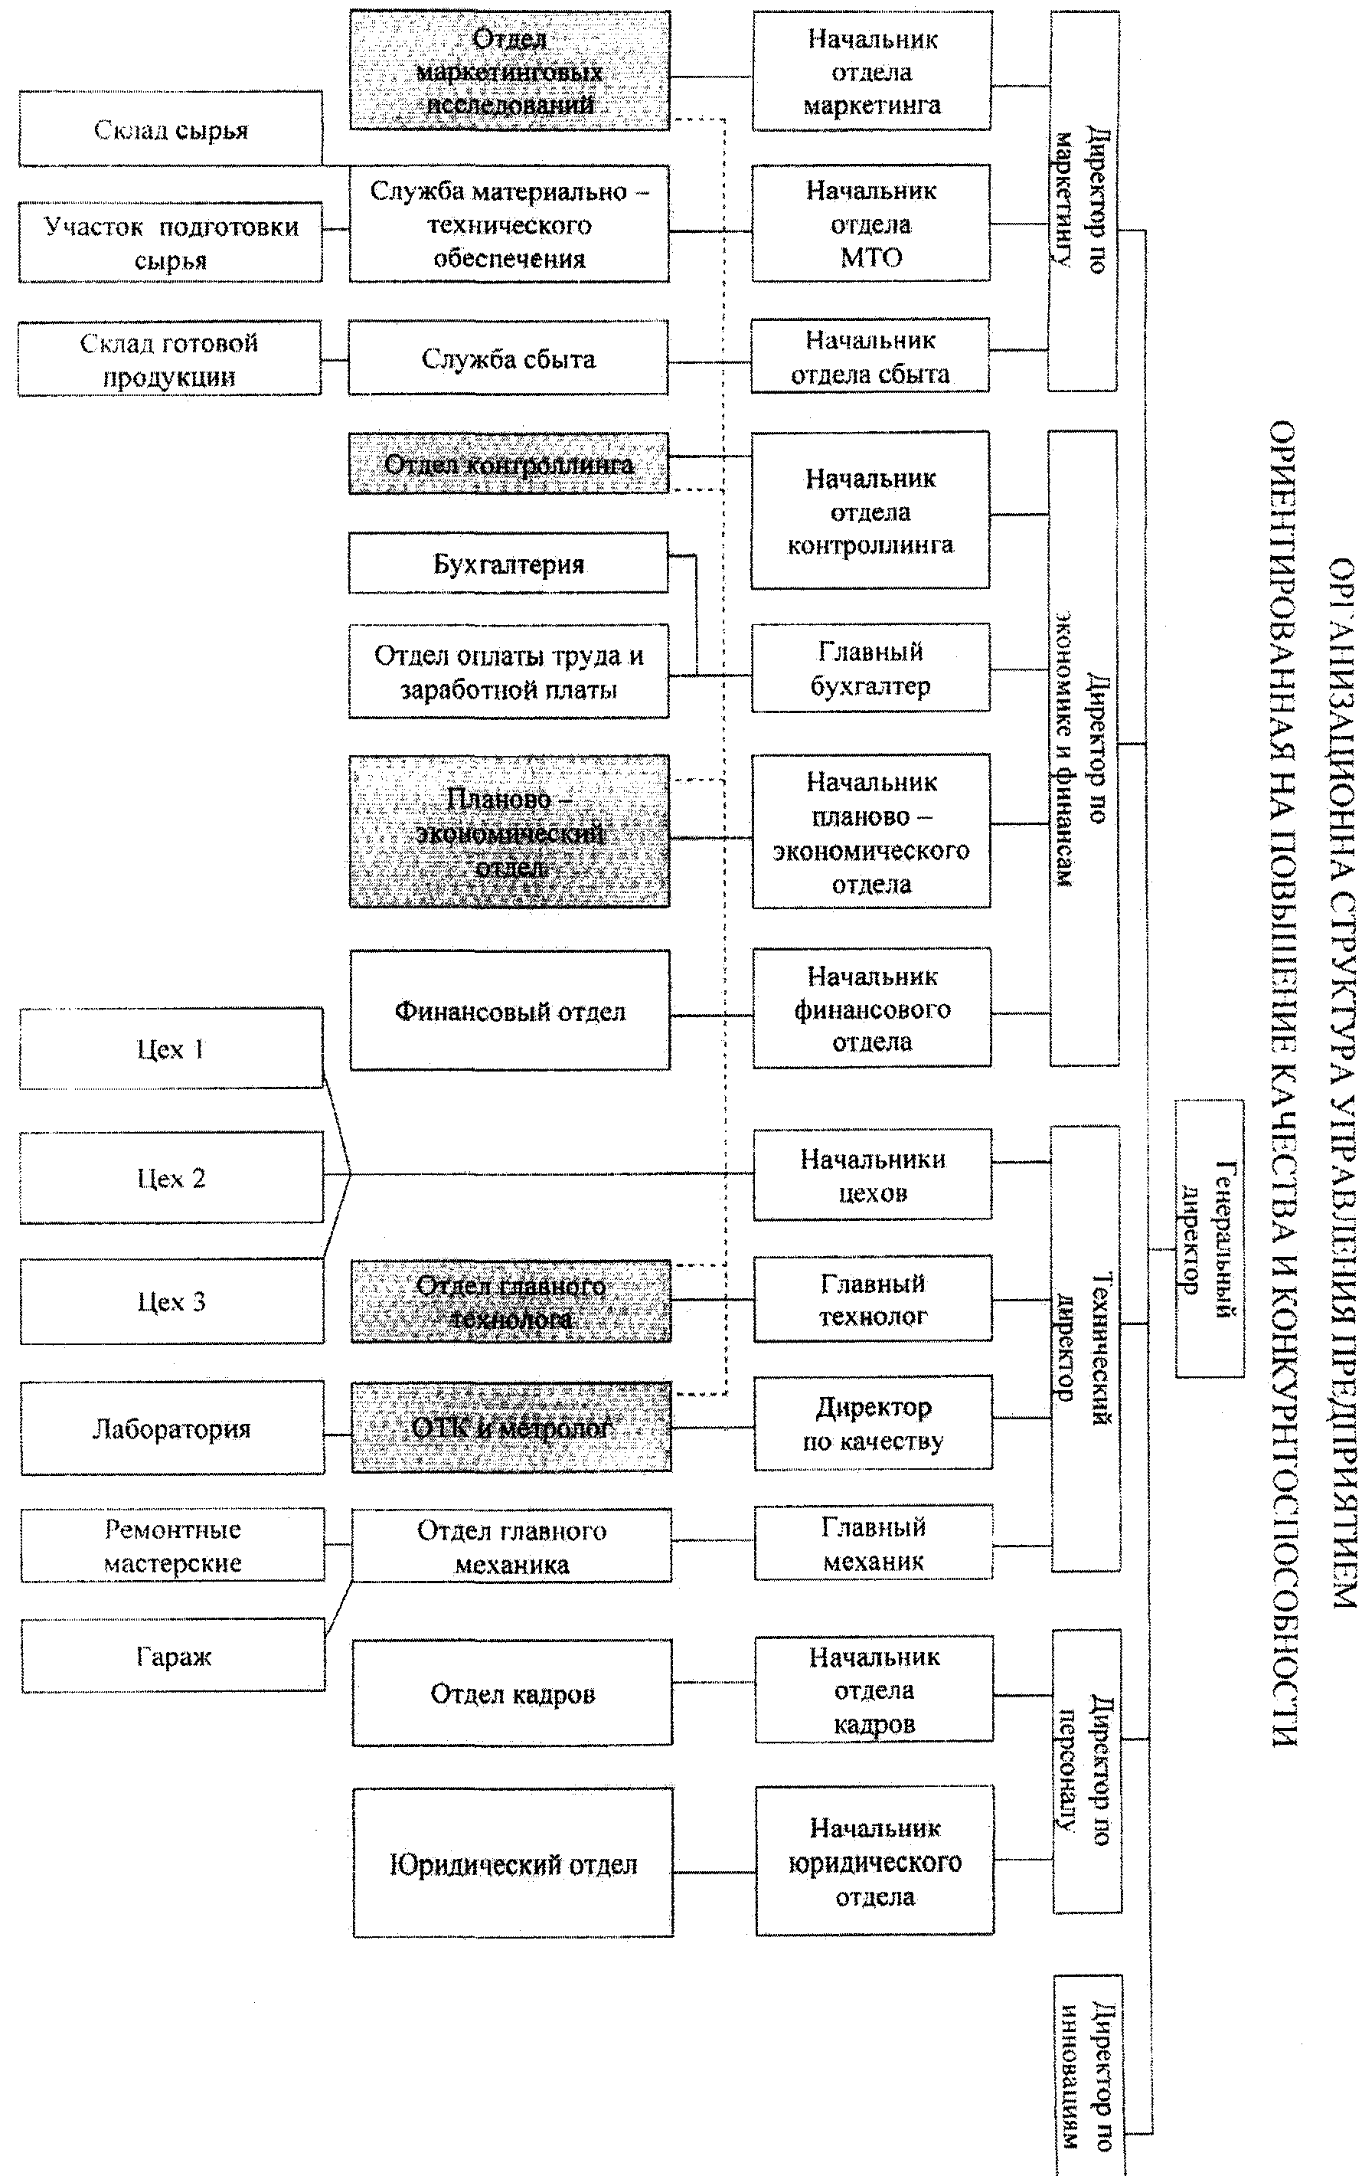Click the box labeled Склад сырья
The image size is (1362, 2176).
pos(170,129)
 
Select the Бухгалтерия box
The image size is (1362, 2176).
pos(509,563)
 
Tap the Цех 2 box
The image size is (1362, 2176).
pos(171,1178)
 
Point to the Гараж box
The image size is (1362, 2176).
pos(173,1656)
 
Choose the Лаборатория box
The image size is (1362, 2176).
pos(171,1428)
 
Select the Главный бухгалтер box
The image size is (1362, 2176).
pos(870,668)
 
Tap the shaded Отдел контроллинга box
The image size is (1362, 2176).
pos(509,464)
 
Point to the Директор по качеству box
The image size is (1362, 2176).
pos(873,1424)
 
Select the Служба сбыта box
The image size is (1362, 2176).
pos(508,358)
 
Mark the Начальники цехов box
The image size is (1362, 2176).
pos(872,1175)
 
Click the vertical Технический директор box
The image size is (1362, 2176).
pos(1086,1349)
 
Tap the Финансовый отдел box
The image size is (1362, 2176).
pos(510,1011)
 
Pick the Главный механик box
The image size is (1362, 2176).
pos(873,1543)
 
